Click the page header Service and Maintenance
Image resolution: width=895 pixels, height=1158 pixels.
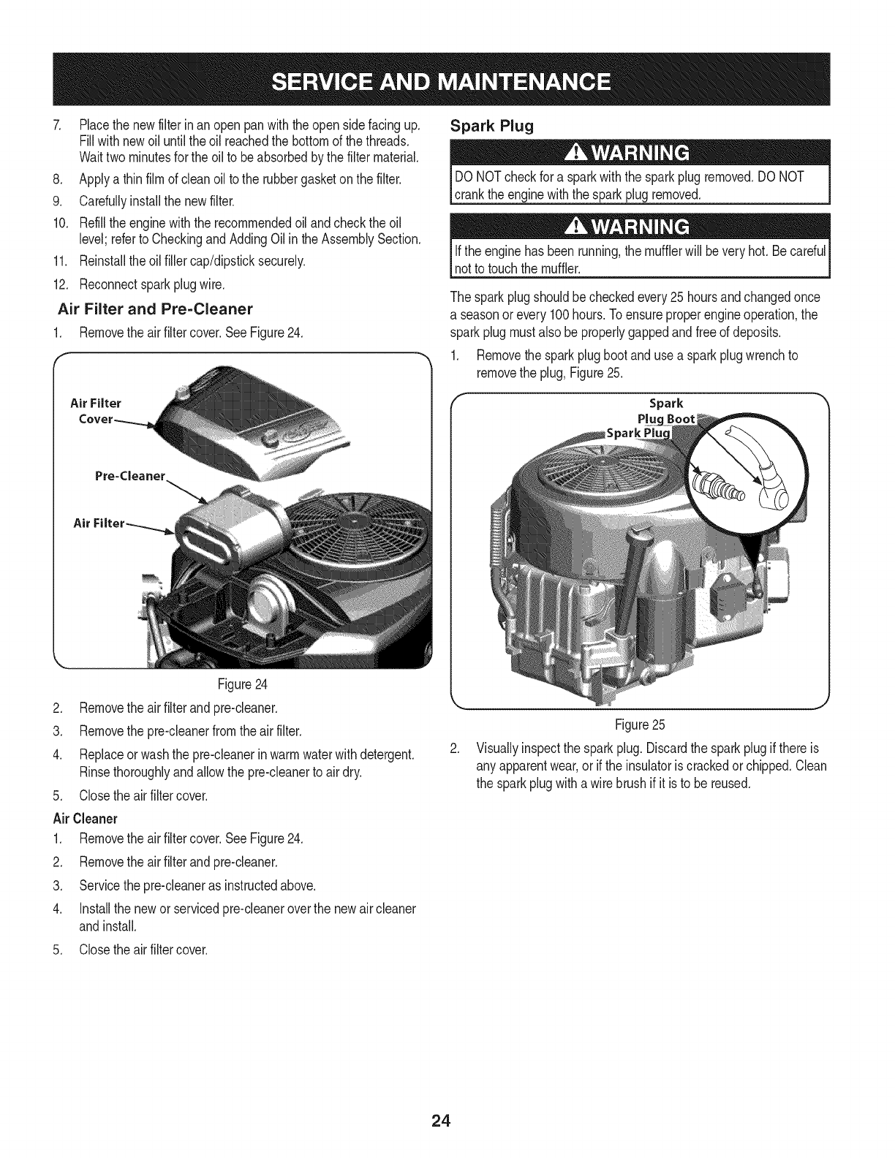[x=447, y=80]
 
